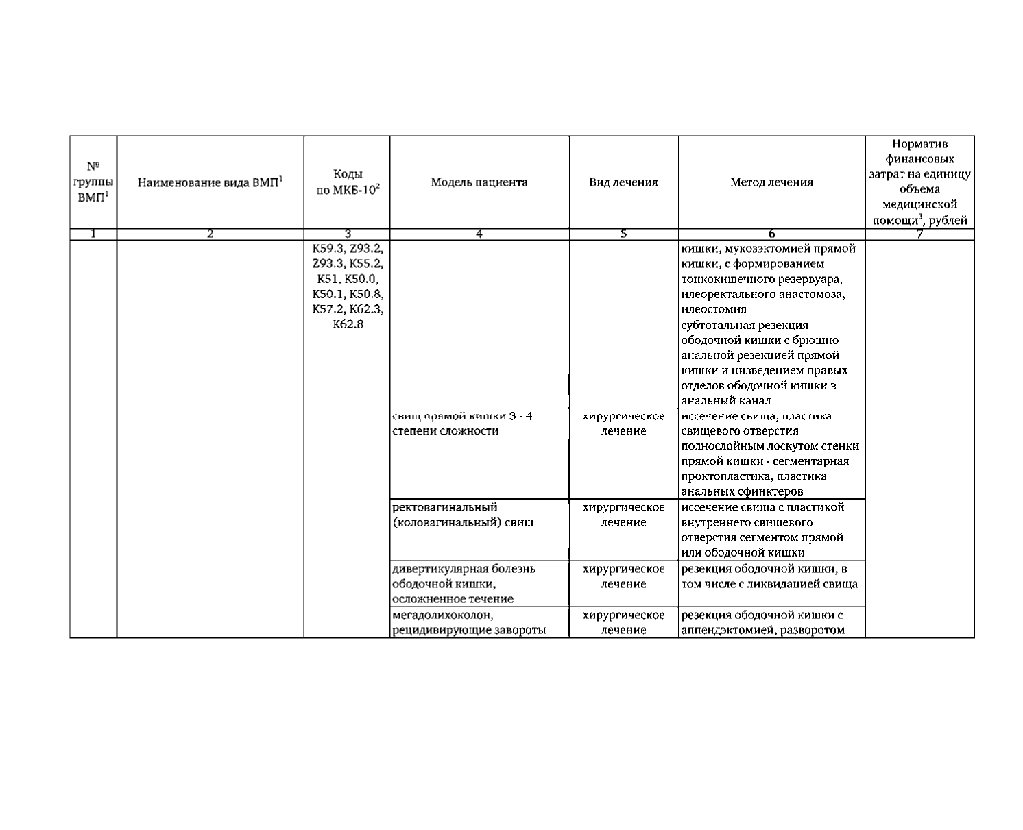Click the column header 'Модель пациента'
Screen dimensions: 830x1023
pyautogui.click(x=479, y=182)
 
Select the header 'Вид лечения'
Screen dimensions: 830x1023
pyautogui.click(x=623, y=182)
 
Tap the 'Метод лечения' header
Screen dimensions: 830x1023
pyautogui.click(x=771, y=182)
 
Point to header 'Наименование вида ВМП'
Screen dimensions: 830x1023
pyautogui.click(x=210, y=182)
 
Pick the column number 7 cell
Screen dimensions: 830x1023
pyautogui.click(x=919, y=234)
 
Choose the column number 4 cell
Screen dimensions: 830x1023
pyautogui.click(x=479, y=234)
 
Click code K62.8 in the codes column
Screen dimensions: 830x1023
pyautogui.click(x=348, y=324)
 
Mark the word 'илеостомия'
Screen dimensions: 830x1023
pyautogui.click(x=714, y=310)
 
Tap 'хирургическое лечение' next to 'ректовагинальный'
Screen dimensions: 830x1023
pyautogui.click(x=623, y=515)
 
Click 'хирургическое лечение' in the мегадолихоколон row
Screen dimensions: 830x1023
pyautogui.click(x=623, y=622)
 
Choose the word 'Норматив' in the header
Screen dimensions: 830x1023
pyautogui.click(x=919, y=144)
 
